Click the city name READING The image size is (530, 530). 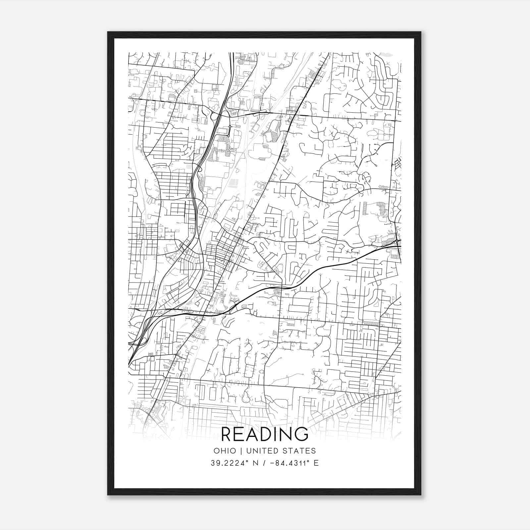264,434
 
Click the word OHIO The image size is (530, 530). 225,451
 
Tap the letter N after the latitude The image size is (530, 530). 255,463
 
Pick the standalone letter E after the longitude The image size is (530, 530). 316,463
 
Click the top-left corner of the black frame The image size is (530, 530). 108,32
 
